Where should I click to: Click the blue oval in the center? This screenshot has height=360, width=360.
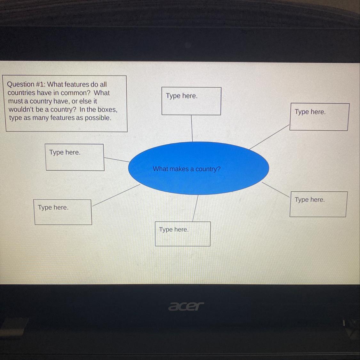[x=198, y=182]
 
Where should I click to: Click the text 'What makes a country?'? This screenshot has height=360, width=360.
[x=187, y=169]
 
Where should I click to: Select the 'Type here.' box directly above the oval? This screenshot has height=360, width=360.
[x=191, y=101]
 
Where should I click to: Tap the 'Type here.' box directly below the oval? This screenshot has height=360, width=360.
[x=182, y=234]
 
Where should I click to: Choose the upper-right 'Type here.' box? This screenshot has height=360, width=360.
[x=319, y=117]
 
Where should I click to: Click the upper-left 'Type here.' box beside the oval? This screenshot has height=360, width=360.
[x=75, y=157]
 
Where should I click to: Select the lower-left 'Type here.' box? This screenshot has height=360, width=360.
[x=63, y=212]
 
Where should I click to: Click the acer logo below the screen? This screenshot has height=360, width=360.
[x=186, y=306]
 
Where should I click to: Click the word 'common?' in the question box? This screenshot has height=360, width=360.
[x=77, y=93]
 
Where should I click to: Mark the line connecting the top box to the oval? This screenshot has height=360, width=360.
[x=192, y=128]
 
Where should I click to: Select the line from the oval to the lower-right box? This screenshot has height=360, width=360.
[x=276, y=189]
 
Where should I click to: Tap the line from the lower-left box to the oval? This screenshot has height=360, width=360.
[x=116, y=195]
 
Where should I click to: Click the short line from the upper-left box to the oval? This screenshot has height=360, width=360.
[x=117, y=160]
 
